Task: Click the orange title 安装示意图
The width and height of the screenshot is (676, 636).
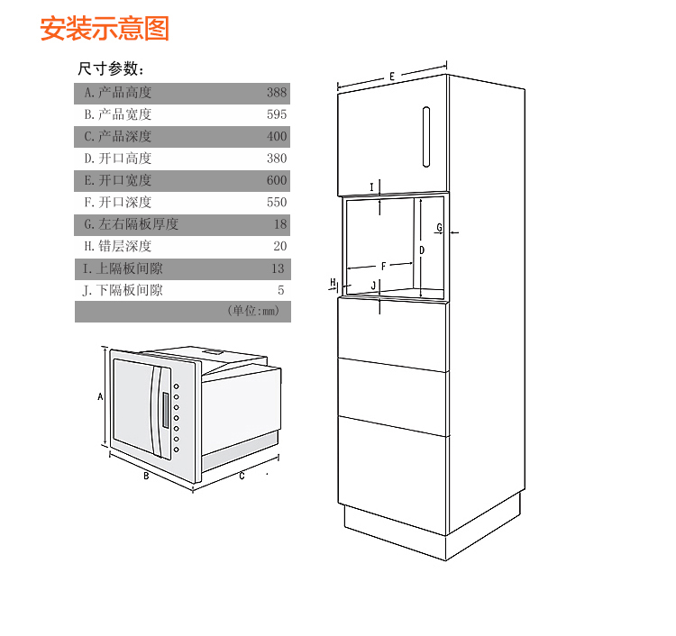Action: click(105, 29)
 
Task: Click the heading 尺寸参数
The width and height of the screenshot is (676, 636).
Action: click(111, 68)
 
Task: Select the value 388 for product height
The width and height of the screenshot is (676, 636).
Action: click(277, 93)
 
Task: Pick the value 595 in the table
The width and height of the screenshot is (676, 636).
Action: click(277, 114)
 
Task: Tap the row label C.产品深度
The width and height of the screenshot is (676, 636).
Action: click(118, 137)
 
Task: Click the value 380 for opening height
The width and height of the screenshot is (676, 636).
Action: click(277, 159)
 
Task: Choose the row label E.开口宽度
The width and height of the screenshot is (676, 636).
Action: click(118, 180)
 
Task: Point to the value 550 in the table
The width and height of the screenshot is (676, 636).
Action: click(277, 203)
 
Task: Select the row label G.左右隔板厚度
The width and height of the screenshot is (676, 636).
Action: click(131, 224)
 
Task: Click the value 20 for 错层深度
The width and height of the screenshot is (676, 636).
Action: click(279, 246)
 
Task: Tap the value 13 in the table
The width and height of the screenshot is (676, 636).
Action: click(278, 268)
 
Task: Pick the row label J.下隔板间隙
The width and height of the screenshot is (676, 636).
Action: click(123, 290)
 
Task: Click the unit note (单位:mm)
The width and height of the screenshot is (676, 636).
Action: click(253, 311)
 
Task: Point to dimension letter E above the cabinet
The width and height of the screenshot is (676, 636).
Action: click(392, 77)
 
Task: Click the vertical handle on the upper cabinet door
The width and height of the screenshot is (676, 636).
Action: click(426, 137)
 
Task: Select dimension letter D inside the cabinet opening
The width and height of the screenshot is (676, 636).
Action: click(422, 250)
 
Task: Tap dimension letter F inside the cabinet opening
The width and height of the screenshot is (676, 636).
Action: click(384, 267)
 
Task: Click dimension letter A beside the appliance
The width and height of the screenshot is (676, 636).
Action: click(100, 396)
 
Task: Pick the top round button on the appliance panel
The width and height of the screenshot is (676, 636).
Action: click(176, 386)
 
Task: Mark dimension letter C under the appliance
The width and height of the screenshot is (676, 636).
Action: click(242, 477)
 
